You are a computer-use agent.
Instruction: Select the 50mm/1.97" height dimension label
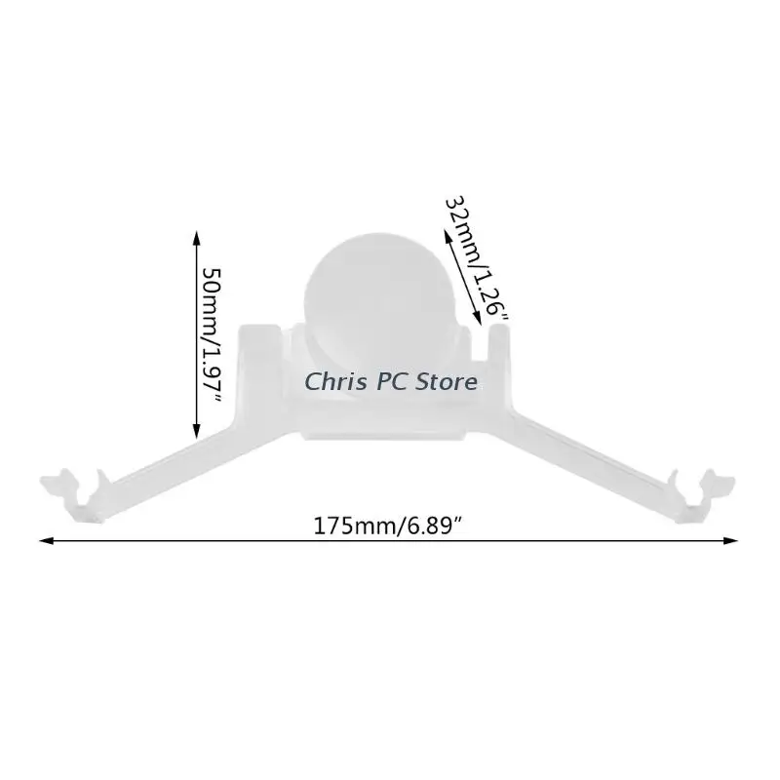(x=212, y=335)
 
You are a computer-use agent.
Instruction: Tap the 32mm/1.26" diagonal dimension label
(x=476, y=257)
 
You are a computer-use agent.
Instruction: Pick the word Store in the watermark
(x=446, y=382)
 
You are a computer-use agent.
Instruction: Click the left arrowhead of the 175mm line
(x=46, y=540)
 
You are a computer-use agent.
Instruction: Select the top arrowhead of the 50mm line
(x=196, y=238)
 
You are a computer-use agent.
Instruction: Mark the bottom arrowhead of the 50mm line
(x=196, y=431)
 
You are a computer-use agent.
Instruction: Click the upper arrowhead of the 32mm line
(x=448, y=236)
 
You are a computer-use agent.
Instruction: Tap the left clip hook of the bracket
(x=75, y=492)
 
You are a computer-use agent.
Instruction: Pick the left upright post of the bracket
(x=259, y=369)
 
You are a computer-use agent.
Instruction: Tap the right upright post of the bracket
(x=499, y=369)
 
